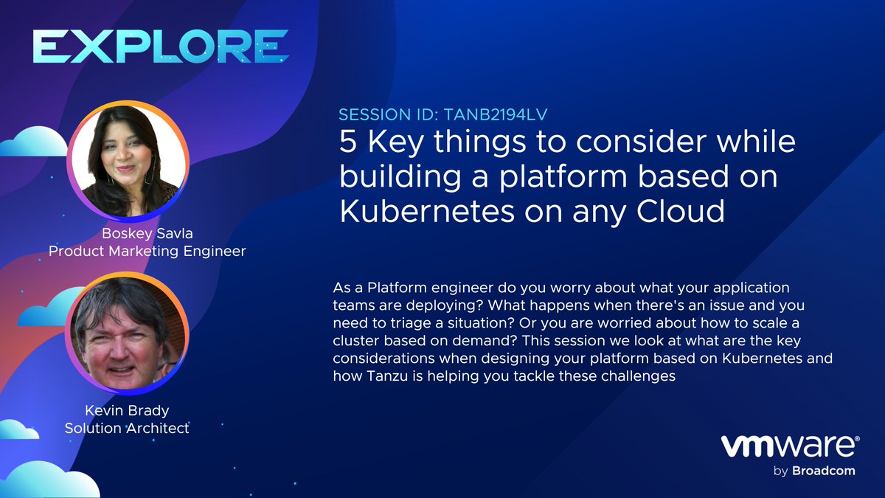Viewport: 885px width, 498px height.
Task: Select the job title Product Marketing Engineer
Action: (x=147, y=252)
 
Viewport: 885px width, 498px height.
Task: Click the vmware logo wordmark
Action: (x=787, y=446)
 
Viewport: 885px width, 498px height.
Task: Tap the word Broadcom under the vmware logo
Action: (x=825, y=471)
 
